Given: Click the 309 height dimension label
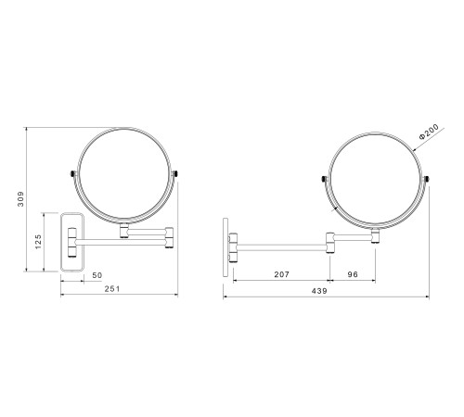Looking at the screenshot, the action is (20, 199).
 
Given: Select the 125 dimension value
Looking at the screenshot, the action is (38, 242).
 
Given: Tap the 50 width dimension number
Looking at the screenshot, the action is (97, 275).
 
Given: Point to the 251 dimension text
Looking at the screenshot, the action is (111, 289).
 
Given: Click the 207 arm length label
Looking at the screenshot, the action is (281, 274).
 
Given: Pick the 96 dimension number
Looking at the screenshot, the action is (353, 274).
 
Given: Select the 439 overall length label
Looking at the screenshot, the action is (319, 291).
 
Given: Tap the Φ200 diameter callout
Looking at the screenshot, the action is (429, 132).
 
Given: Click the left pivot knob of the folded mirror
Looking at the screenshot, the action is (73, 173).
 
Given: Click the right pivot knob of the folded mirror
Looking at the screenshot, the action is (175, 173).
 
